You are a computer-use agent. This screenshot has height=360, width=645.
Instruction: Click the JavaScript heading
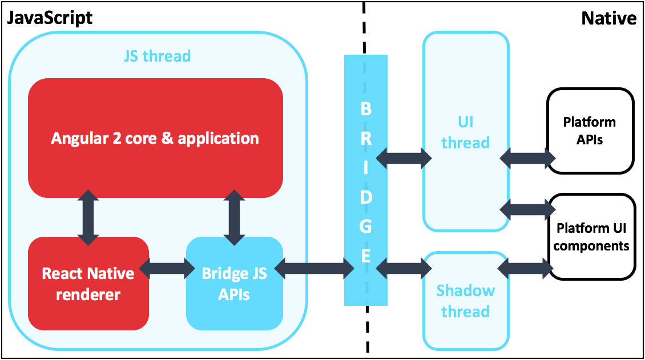tap(49, 18)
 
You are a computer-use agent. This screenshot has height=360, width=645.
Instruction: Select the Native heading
tap(608, 18)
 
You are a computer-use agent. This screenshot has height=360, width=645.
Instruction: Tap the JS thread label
tap(157, 56)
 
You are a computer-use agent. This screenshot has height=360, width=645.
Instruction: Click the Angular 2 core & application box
tap(155, 138)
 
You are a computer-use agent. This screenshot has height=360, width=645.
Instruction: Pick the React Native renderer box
tap(88, 284)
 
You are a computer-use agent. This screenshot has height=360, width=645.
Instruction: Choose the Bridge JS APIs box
tap(234, 284)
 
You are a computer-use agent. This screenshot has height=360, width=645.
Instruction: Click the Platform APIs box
tap(590, 130)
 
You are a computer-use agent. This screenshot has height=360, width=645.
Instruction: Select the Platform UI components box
tap(591, 237)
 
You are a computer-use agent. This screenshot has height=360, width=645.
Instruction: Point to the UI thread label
tap(465, 132)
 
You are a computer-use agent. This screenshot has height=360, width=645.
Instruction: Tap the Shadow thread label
tap(465, 301)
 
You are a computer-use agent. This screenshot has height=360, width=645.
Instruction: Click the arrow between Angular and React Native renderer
tap(88, 217)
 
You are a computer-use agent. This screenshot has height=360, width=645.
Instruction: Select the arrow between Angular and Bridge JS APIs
tap(234, 217)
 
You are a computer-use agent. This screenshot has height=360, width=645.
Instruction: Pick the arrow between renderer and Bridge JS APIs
tap(167, 268)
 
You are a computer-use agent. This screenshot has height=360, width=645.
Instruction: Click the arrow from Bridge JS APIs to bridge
tap(314, 268)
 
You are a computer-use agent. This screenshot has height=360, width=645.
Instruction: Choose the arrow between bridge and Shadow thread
tap(405, 267)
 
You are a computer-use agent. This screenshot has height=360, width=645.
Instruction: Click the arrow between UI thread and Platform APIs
tap(527, 156)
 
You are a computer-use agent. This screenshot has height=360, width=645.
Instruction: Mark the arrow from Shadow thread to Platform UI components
tap(527, 267)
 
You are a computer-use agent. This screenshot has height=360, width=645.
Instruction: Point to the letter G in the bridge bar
tap(366, 226)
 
